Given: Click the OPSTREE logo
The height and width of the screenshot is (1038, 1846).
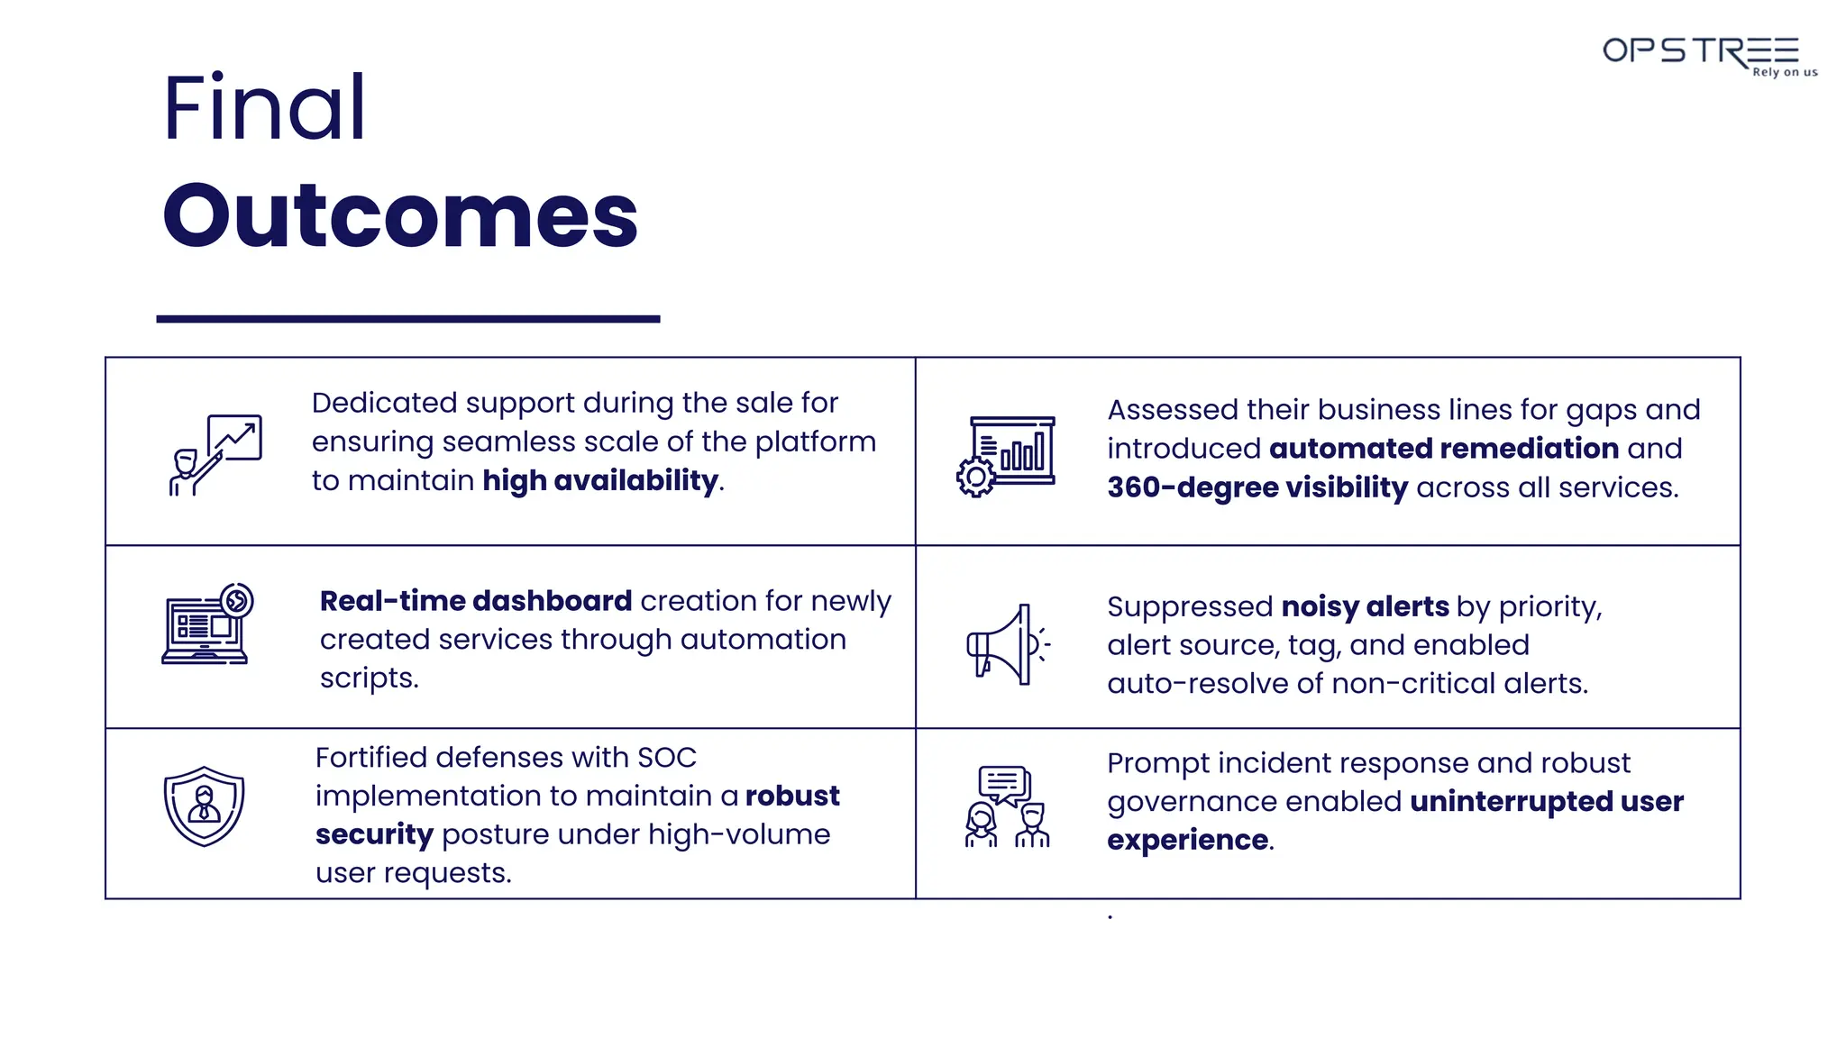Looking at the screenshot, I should (x=1699, y=51).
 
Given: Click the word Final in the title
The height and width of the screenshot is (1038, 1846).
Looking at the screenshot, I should (x=264, y=108).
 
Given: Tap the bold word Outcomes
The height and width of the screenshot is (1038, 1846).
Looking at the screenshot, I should (x=400, y=216).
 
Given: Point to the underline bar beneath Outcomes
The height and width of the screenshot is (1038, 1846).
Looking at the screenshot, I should (x=407, y=318).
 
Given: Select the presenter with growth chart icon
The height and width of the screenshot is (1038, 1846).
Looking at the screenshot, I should (x=216, y=454).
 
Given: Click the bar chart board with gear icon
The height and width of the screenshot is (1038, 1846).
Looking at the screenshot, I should (x=1006, y=456).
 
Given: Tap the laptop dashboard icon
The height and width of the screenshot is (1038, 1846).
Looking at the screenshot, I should (x=207, y=624).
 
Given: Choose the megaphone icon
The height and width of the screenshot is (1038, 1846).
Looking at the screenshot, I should (x=1006, y=643).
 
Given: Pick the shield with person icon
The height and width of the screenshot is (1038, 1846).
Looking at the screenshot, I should (x=204, y=806).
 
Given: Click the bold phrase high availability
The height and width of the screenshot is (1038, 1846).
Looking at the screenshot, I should (x=600, y=481).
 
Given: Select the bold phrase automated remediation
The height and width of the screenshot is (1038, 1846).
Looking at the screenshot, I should (x=1444, y=449).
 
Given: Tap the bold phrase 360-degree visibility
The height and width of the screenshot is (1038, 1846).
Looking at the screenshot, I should (x=1257, y=487).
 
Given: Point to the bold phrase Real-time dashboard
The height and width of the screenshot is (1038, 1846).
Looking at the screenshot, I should (x=476, y=601).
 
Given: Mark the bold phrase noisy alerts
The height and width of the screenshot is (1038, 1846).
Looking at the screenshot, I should (x=1365, y=606).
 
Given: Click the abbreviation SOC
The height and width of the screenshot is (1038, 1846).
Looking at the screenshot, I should (x=666, y=758).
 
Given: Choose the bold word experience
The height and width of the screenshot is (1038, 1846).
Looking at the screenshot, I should (x=1187, y=841).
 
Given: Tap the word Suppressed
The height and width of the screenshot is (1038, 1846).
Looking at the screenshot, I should (x=1190, y=607).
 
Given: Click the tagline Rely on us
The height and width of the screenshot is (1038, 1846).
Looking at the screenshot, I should (x=1785, y=72).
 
